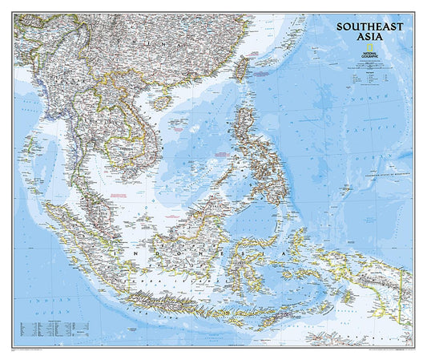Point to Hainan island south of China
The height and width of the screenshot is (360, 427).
click(x=167, y=105)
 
